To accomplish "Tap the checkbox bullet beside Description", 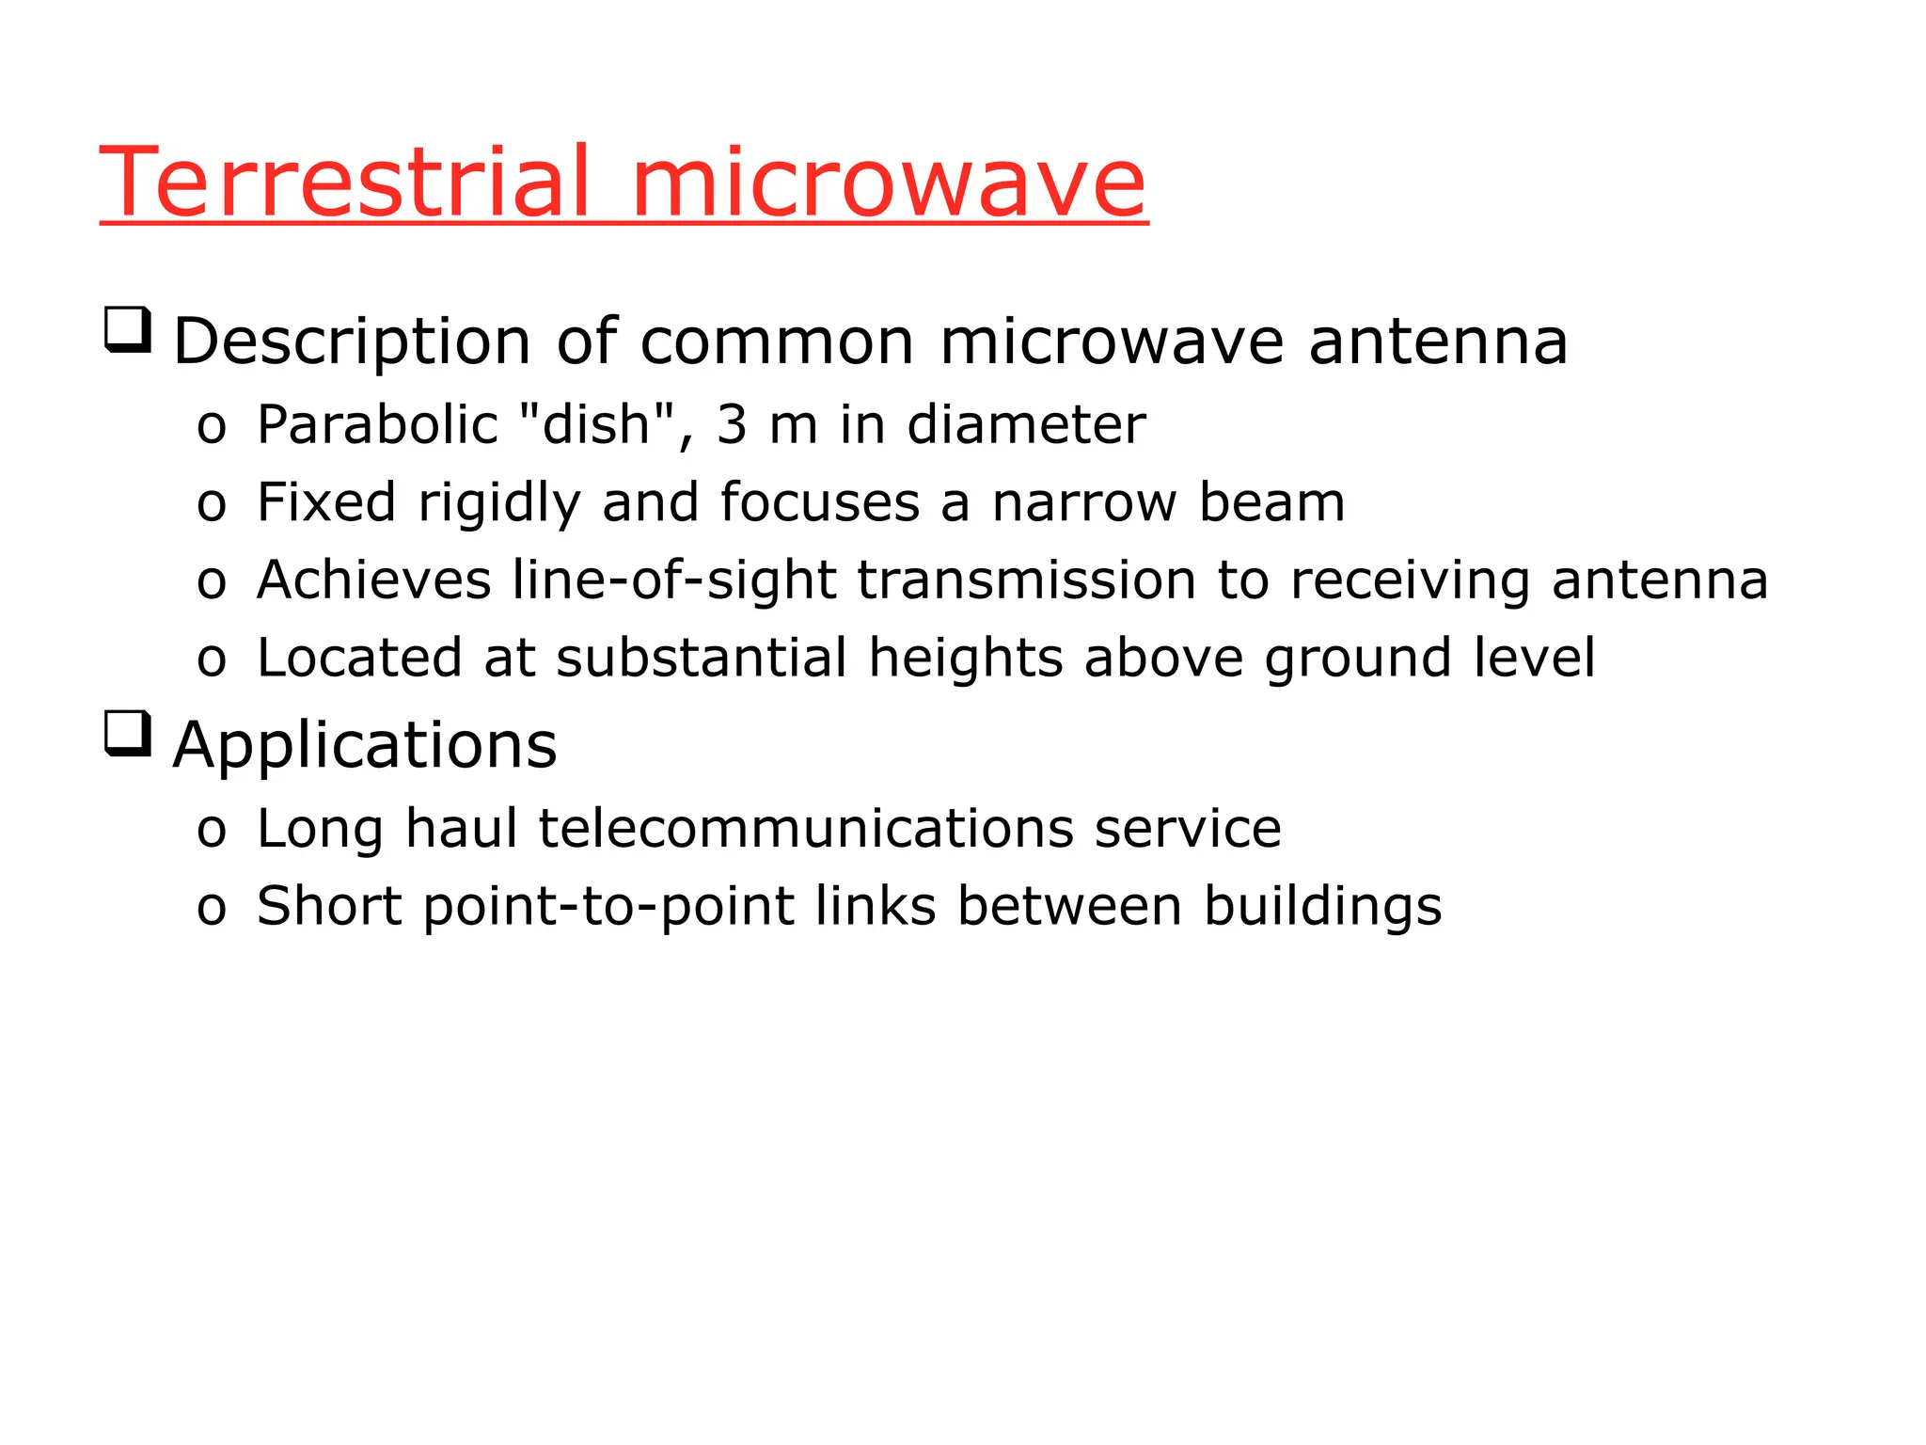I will (128, 330).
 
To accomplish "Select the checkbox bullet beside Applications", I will (128, 734).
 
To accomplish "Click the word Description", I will (352, 341).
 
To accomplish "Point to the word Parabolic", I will (377, 424).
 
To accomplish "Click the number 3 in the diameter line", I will (732, 424).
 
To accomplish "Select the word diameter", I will (1026, 424).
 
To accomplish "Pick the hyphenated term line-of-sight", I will (674, 580).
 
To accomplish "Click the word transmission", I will (1026, 580).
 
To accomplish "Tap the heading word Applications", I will (365, 746).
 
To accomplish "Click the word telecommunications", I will (806, 829).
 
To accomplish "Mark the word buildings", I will (1322, 907).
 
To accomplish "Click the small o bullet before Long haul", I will (212, 831).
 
